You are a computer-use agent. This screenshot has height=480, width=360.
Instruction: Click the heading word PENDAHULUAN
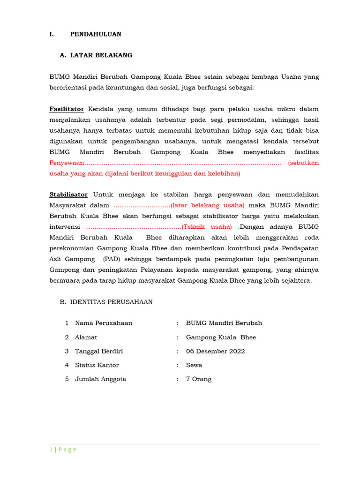pos(96,34)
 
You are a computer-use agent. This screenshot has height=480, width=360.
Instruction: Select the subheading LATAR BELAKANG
pos(101,55)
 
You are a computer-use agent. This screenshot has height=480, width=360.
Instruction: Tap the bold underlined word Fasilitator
pos(67,109)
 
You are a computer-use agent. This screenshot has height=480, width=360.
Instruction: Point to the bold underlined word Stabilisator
pos(68,195)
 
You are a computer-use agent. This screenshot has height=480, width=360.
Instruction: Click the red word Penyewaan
pos(67,163)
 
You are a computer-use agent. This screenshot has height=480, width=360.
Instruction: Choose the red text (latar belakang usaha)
pos(208,205)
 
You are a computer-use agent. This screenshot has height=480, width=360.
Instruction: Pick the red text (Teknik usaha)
pos(207,227)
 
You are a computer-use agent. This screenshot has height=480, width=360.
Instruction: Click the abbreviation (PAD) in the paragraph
pos(113,259)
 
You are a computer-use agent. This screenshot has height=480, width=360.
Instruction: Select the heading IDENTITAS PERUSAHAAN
pos(112,302)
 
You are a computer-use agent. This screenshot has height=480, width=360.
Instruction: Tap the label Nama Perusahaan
pos(104,323)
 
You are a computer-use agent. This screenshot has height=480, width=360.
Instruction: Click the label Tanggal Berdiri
pos(99,351)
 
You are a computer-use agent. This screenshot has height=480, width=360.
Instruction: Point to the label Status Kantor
pos(97,365)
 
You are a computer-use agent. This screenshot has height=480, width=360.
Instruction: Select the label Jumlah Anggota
pos(100,379)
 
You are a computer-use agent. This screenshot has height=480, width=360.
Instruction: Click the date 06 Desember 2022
pos(215,351)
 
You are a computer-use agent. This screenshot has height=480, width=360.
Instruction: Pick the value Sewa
pos(194,365)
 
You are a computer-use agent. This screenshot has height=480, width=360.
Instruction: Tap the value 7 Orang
pos(199,379)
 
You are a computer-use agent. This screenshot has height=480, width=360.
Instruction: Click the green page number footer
pos(63,450)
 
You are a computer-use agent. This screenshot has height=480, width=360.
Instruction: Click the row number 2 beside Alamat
pos(67,337)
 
